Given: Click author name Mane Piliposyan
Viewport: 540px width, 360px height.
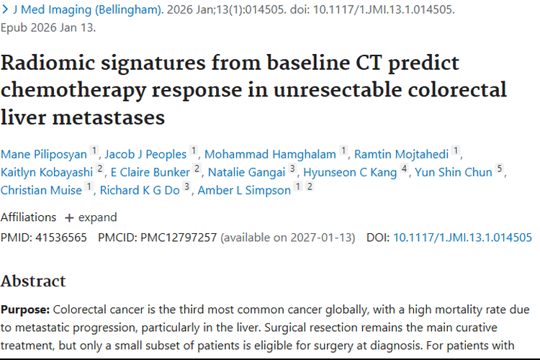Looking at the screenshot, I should coord(43,153).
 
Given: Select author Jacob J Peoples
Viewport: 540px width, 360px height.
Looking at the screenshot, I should coord(145,153).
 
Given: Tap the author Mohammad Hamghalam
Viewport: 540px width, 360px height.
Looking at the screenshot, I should coord(271,153).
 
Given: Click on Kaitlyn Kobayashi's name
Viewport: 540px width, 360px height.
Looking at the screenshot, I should coord(47,172).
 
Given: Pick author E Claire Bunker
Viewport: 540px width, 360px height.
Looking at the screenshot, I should coord(150,172).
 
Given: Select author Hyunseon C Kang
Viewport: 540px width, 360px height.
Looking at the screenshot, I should coord(350,172).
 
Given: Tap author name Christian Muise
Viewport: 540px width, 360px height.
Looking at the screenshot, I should coord(42,190).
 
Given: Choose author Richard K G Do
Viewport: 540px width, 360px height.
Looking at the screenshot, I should coord(140,190).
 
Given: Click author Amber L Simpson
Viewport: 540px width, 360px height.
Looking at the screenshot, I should coord(246,190).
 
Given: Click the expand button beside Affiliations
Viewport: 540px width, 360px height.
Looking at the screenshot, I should coord(90,217).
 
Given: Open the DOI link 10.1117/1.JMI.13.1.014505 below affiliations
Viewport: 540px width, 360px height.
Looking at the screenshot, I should coord(462,237).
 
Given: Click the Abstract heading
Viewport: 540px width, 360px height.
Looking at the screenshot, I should coord(33,281).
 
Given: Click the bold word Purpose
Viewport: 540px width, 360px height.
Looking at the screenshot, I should coord(25,310).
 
